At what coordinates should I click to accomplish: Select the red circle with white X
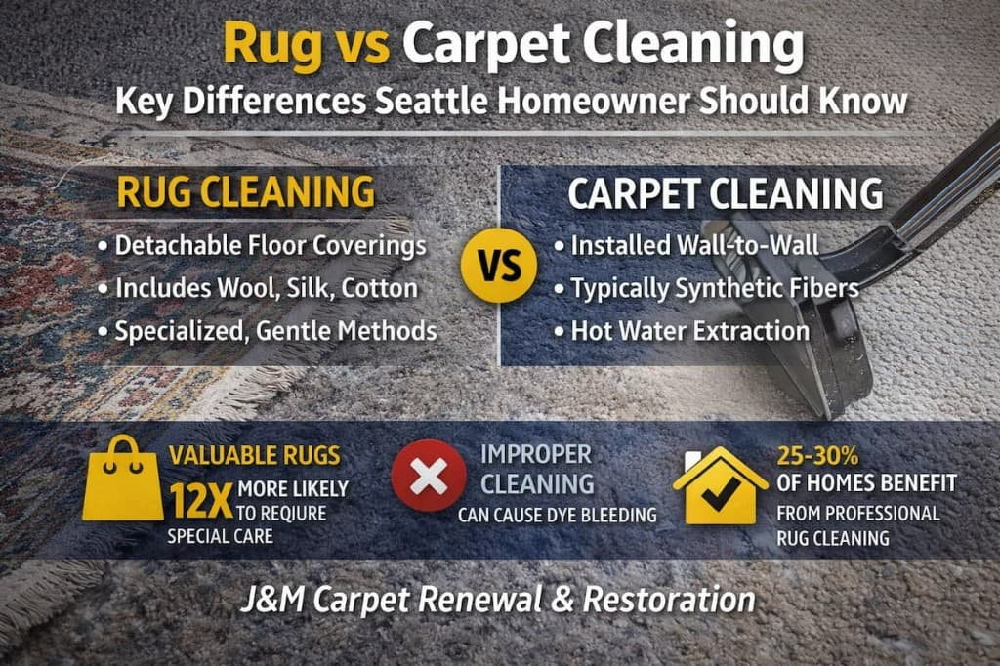pos(428,476)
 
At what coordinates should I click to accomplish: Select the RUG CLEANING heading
pos(245,191)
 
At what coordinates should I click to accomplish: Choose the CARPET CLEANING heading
pos(726,193)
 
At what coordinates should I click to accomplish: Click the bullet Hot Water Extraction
pos(681,331)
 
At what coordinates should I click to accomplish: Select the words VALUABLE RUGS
pos(255,455)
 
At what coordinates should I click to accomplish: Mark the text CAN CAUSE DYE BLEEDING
pos(557,515)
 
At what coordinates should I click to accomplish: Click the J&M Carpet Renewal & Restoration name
pos(498,599)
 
